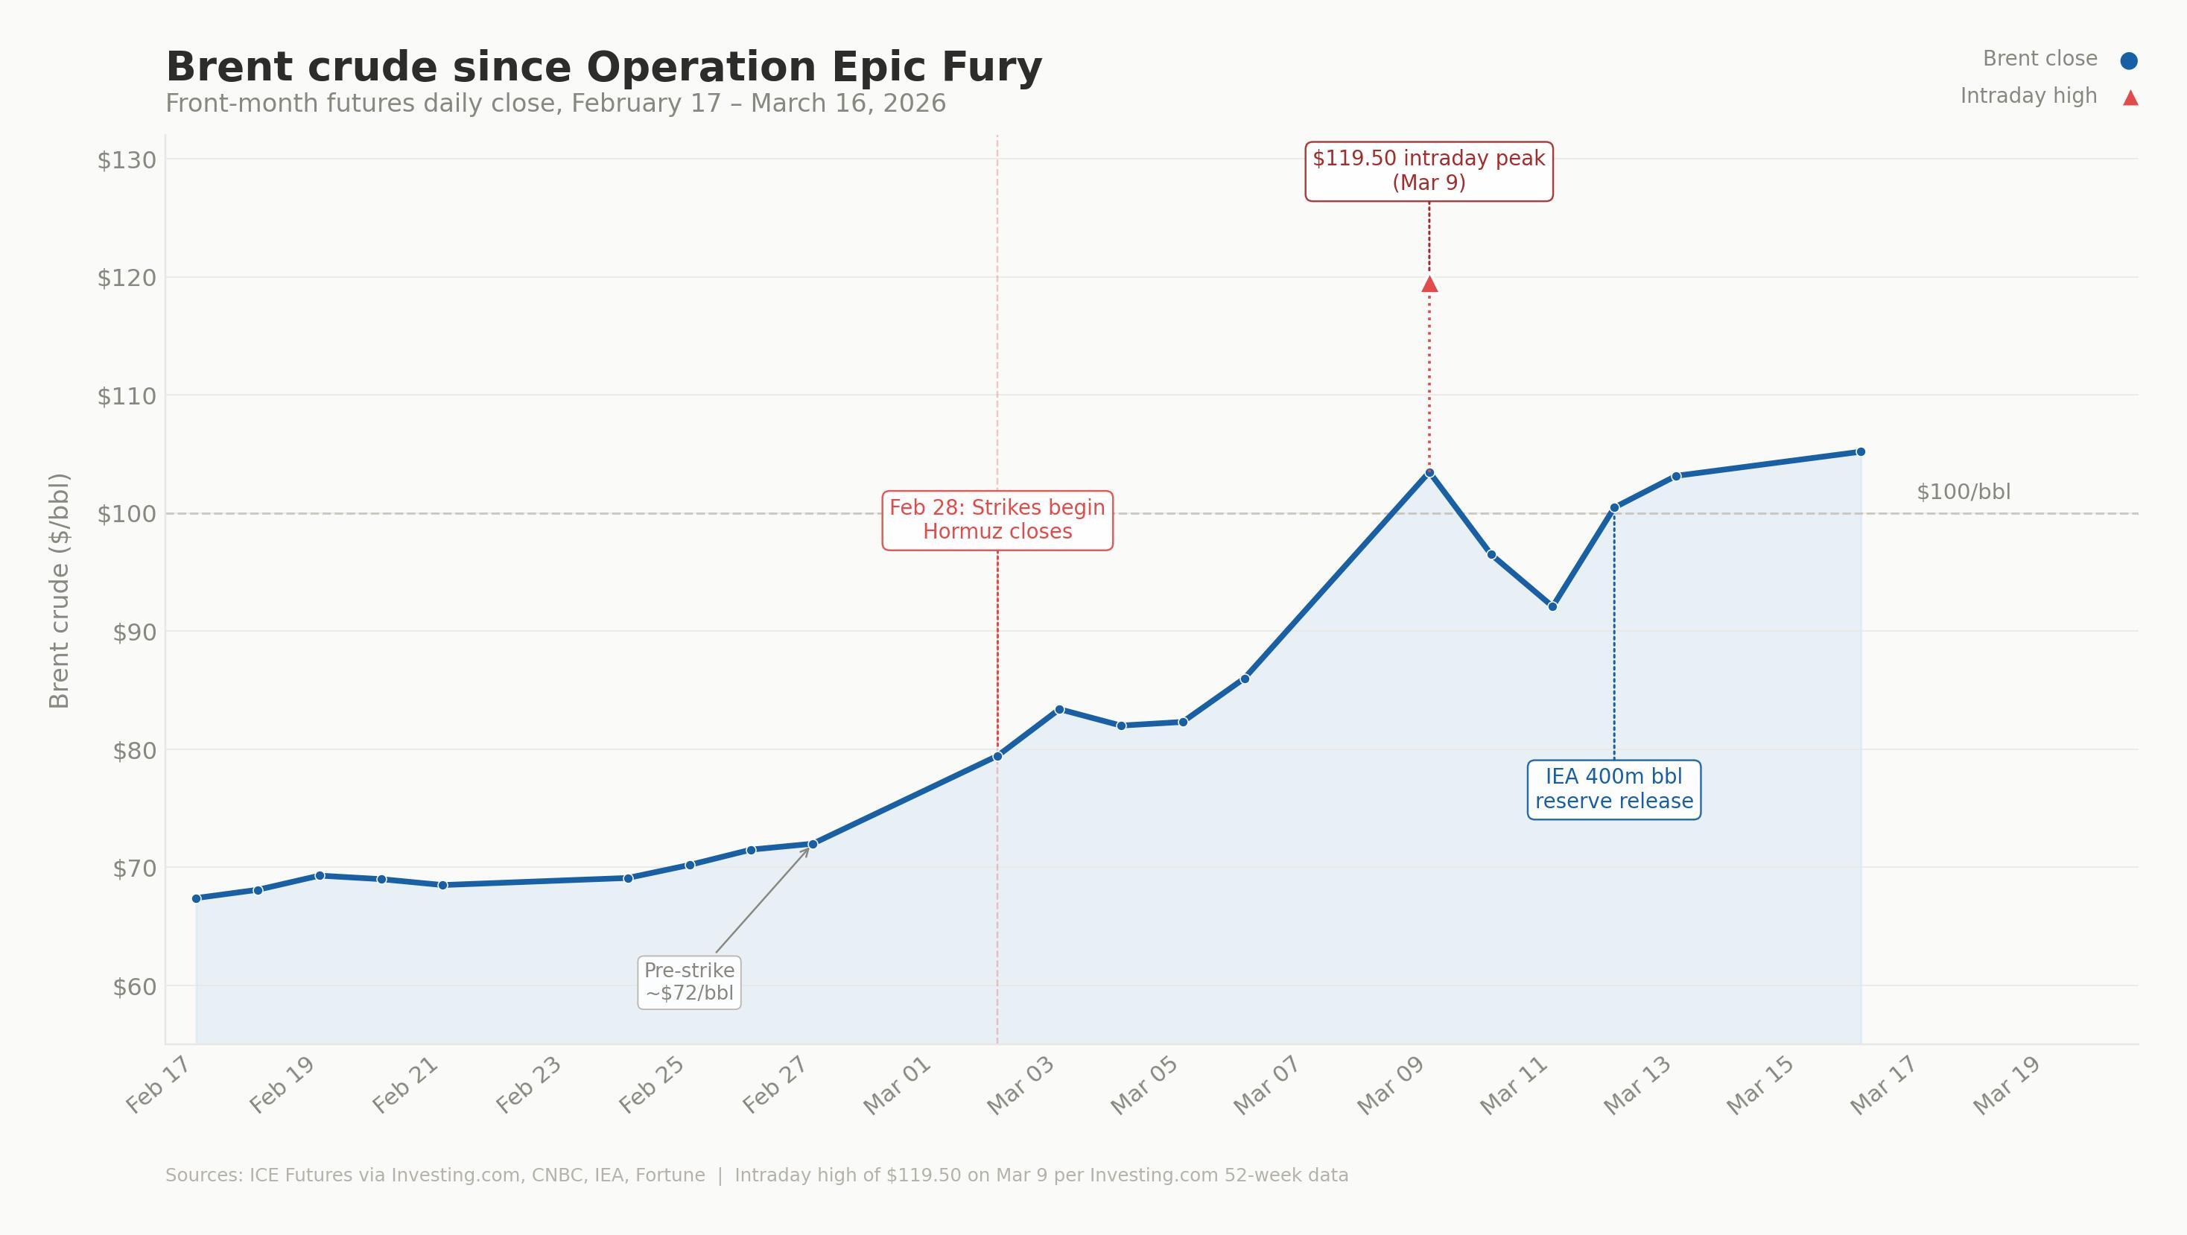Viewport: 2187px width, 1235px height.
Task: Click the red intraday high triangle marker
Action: tap(1429, 285)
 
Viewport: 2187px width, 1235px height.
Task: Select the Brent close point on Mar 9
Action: tap(1429, 473)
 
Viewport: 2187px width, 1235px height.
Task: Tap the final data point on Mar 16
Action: tap(1861, 451)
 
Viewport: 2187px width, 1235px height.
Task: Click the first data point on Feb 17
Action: tap(196, 898)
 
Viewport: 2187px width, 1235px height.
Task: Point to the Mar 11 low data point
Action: tap(1553, 606)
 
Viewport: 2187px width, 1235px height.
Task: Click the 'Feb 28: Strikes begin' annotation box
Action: tap(997, 519)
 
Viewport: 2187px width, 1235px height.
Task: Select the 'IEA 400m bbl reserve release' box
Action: tap(1613, 790)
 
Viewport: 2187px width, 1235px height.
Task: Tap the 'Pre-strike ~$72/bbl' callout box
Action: tap(688, 982)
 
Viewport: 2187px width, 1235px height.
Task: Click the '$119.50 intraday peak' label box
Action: tap(1429, 171)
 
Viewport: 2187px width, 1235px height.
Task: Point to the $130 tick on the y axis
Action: tap(127, 160)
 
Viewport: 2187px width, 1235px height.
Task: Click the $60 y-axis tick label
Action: tap(134, 987)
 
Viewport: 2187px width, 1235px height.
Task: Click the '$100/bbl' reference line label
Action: tap(1963, 492)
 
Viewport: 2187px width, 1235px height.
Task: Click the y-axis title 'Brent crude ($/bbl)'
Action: tap(59, 591)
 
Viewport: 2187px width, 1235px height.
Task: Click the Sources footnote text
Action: tap(755, 1175)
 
